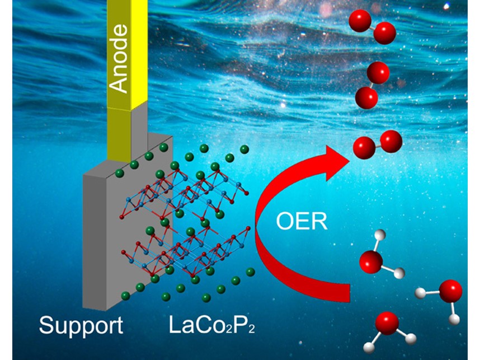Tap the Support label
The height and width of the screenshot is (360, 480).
pyautogui.click(x=81, y=325)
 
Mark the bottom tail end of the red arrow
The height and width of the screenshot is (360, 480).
pyautogui.click(x=347, y=291)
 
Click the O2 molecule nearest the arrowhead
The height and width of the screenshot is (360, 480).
pyautogui.click(x=378, y=143)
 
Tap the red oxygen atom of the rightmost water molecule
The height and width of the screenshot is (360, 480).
pyautogui.click(x=450, y=292)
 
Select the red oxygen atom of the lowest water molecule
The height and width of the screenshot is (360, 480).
pyautogui.click(x=387, y=324)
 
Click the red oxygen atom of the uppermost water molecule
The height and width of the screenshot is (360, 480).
pyautogui.click(x=371, y=261)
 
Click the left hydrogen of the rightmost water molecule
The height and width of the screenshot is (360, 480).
pyautogui.click(x=421, y=292)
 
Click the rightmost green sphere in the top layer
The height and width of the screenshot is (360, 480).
pyautogui.click(x=244, y=149)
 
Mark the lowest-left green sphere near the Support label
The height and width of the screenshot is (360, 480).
pyautogui.click(x=125, y=296)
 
